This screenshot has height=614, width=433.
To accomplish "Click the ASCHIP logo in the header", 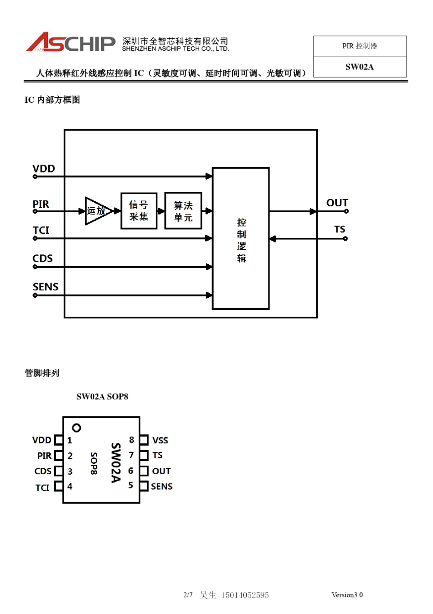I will tap(71, 42).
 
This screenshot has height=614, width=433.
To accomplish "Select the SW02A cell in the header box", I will tap(360, 67).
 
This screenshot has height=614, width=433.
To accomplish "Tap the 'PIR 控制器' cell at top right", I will tap(360, 46).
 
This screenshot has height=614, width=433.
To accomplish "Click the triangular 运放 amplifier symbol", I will tap(97, 211).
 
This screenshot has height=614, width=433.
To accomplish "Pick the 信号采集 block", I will tap(139, 211).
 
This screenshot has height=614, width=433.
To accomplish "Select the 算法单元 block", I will tap(183, 211).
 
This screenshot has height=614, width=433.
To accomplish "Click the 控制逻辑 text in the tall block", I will tap(241, 240).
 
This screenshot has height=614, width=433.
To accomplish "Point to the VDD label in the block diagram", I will tap(44, 168).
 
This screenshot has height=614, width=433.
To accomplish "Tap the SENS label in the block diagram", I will tap(46, 287).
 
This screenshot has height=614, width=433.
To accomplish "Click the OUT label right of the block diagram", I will tap(337, 203).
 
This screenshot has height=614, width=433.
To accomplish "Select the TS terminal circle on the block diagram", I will tap(345, 239).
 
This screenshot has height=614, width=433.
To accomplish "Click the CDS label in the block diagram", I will tap(42, 258).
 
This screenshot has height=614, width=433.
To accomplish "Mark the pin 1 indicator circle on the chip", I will tap(77, 428).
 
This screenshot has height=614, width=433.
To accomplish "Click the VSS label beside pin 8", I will tap(160, 441).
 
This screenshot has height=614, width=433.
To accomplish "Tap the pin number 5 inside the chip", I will tap(131, 485).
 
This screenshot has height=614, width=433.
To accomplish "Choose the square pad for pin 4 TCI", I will tap(58, 486).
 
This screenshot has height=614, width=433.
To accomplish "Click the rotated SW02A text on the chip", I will tap(116, 462).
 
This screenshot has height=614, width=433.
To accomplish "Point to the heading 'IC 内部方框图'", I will tap(52, 100).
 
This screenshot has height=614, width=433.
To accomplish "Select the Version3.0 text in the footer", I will tap(347, 595).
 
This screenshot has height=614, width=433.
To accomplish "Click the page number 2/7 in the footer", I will tap(188, 595).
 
